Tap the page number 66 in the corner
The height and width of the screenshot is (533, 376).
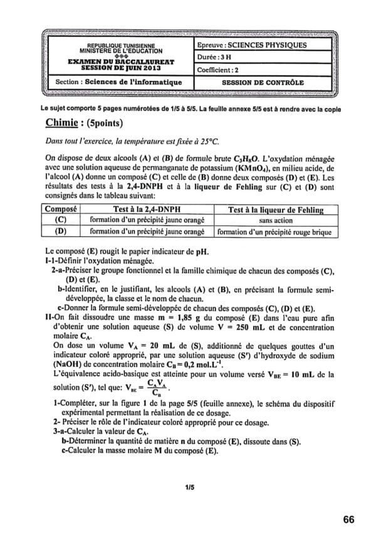coord(349,519)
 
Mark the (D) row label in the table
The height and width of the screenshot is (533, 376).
coord(61,231)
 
